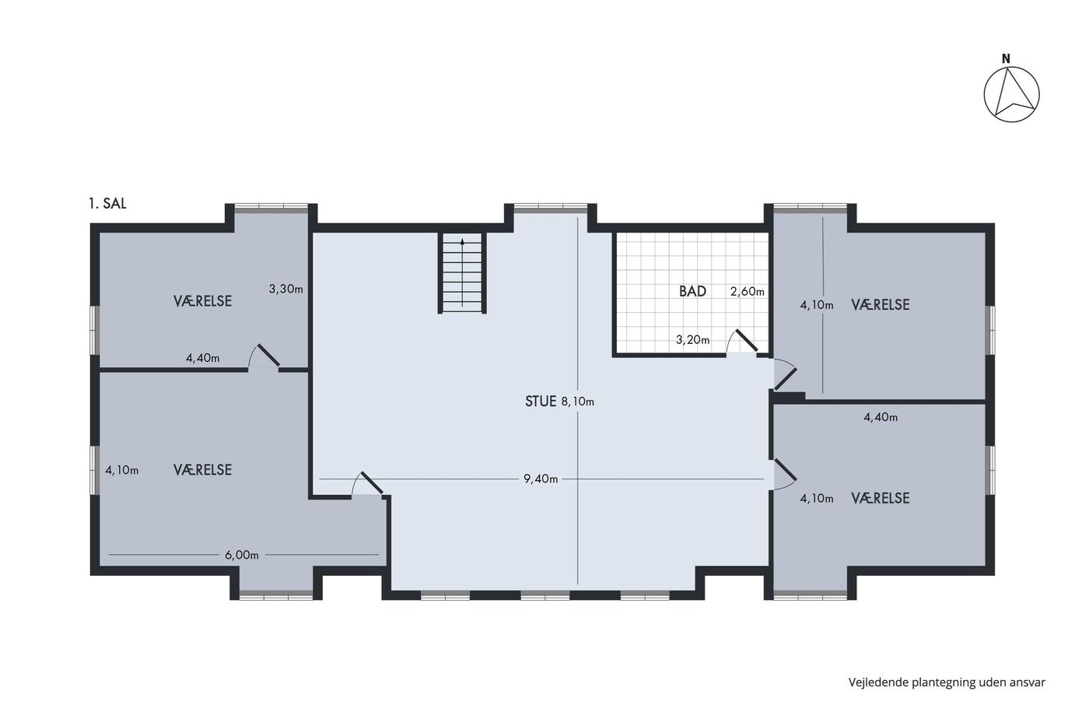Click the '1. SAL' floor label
coord(107,203)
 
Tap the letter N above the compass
coord(1006,59)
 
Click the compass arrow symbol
coord(1012,94)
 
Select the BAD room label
coord(692,291)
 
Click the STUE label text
coord(541,402)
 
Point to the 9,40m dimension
coord(541,479)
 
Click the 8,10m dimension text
coord(577,402)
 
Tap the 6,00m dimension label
coord(242,555)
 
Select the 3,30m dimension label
coord(286,289)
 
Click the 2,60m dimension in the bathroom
coord(748,291)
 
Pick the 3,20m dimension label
coord(693,339)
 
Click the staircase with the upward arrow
coord(462,273)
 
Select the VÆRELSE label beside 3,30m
coord(203,301)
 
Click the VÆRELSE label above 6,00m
coord(203,470)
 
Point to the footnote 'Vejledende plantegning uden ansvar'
coord(947,682)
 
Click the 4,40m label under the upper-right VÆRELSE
coord(881,417)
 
